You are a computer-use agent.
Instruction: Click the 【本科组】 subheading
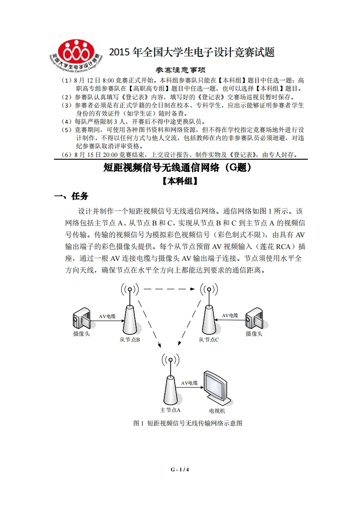(180, 181)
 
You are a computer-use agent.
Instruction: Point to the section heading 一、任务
(71, 196)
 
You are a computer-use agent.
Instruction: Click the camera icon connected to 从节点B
(82, 319)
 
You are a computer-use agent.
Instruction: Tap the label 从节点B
(129, 339)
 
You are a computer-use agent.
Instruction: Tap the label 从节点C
(208, 339)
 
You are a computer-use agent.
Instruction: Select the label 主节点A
(170, 410)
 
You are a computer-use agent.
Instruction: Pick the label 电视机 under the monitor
(217, 411)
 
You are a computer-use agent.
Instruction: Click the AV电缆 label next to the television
(189, 383)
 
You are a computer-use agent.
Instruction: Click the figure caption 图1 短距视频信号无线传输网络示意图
(188, 423)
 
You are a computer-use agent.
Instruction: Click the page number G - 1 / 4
(180, 470)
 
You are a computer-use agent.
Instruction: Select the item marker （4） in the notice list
(67, 122)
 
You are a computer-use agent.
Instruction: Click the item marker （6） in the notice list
(67, 154)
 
